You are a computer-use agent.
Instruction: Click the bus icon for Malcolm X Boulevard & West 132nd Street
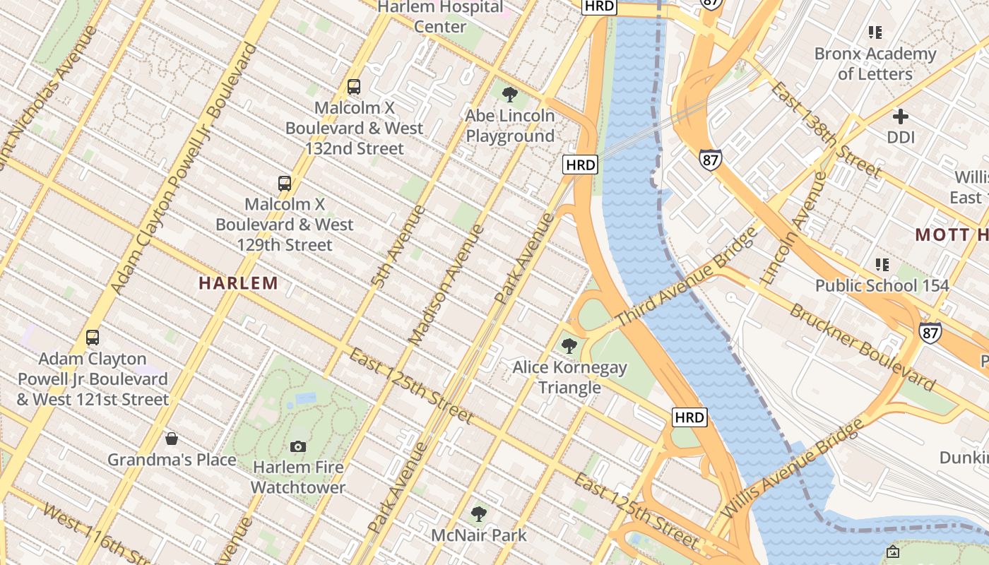[354, 87]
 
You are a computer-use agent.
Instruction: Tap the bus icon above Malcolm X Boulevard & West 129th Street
[285, 184]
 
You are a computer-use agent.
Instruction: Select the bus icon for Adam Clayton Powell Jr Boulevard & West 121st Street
[93, 338]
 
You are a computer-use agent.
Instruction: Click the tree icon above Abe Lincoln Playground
[509, 94]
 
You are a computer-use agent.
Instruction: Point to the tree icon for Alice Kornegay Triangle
[569, 346]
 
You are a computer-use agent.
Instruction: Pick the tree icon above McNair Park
[479, 513]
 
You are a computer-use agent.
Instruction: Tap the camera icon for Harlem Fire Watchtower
[298, 446]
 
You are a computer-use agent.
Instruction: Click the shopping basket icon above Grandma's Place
[171, 439]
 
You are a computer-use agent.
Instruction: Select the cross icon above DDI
[901, 117]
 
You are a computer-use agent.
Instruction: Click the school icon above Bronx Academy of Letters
[875, 32]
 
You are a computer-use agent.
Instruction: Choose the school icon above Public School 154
[882, 265]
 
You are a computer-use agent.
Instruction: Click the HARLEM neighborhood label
[238, 284]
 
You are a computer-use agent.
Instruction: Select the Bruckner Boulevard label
[863, 347]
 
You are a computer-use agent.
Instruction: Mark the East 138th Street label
[826, 130]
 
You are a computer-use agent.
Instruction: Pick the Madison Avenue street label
[447, 285]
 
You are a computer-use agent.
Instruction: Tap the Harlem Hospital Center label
[440, 17]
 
